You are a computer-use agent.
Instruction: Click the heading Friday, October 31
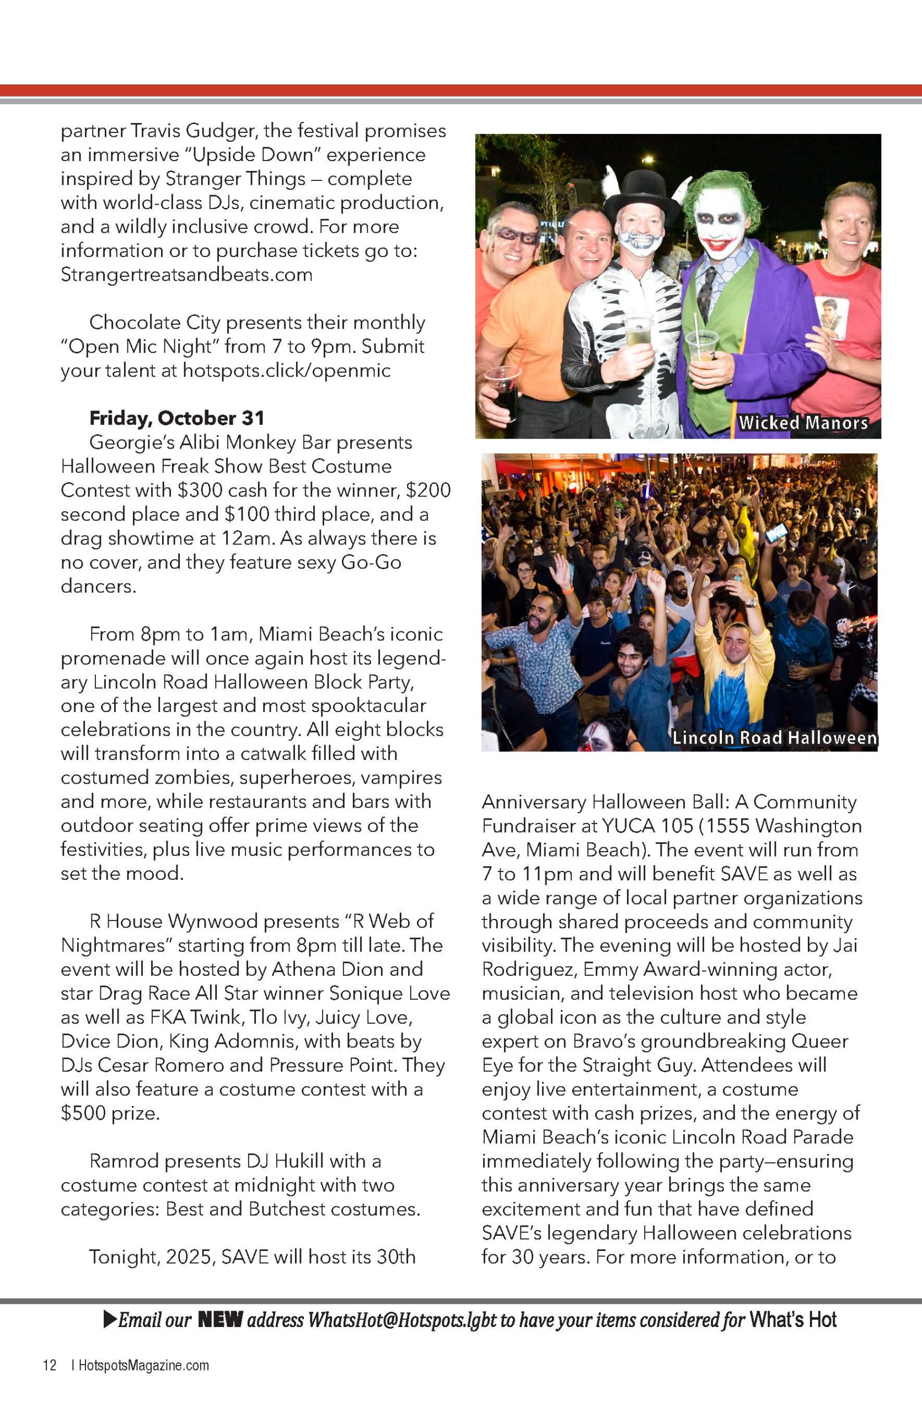coord(177,418)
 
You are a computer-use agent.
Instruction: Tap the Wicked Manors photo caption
coord(803,422)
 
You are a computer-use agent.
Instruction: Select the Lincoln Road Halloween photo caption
coord(774,737)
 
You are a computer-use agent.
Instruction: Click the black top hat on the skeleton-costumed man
coord(640,193)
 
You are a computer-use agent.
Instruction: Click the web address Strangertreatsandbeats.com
coord(186,275)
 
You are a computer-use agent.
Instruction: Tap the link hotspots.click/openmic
coord(286,370)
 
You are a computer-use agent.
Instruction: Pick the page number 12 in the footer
coord(49,1365)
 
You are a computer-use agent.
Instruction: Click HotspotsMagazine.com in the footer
coord(144,1365)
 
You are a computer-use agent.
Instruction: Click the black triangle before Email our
coord(110,1319)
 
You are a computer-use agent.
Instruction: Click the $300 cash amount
coord(202,490)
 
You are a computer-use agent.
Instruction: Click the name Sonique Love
coord(389,993)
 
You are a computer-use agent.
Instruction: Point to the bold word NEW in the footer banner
coord(220,1319)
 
